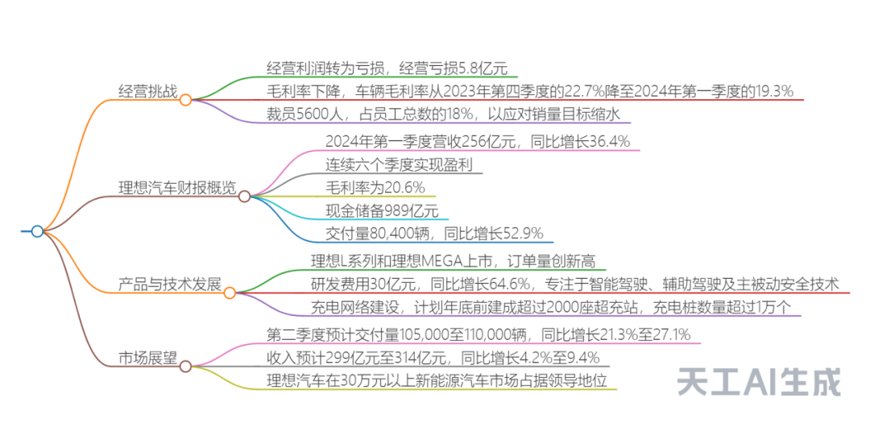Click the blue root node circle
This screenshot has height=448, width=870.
click(x=37, y=231)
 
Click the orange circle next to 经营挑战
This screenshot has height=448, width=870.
click(x=186, y=100)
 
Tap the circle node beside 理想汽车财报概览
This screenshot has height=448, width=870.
click(x=244, y=196)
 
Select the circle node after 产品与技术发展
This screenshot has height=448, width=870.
click(x=230, y=293)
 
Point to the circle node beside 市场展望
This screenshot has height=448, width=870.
click(x=186, y=367)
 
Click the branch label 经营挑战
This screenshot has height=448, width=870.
click(x=148, y=91)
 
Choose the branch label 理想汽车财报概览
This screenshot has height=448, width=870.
click(x=177, y=188)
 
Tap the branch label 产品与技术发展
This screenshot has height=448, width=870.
click(x=170, y=284)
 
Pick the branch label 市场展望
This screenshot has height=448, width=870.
click(x=148, y=358)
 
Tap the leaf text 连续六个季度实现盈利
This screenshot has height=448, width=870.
click(x=399, y=165)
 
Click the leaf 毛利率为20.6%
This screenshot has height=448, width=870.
click(x=375, y=188)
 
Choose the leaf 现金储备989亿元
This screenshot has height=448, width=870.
click(x=382, y=211)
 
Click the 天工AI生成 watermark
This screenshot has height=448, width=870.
click(x=759, y=382)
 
